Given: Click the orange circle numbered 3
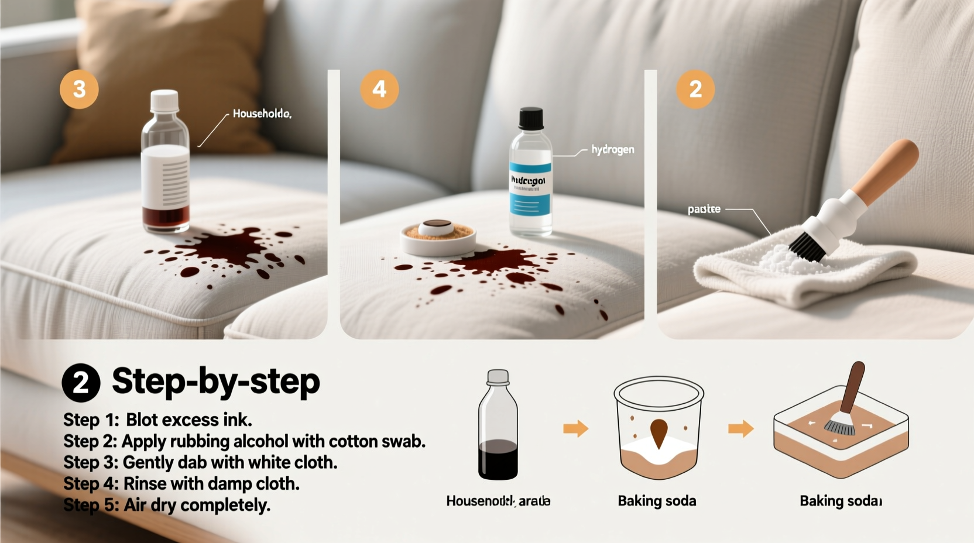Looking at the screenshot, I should point(79,90).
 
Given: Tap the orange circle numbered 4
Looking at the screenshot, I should point(379,90).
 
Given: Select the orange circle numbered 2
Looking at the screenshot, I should point(695,90).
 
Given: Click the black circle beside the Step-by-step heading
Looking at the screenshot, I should point(81,383).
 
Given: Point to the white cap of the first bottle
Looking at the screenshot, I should point(164,100).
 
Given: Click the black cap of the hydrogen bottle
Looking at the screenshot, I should point(531,118).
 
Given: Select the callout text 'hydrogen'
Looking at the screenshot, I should point(612,150).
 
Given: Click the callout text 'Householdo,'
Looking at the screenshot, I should point(262,114).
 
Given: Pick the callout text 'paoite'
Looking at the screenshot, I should point(704,209).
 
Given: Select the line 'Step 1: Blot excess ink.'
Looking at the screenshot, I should point(157,420).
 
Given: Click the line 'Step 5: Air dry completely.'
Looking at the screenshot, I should point(167,505).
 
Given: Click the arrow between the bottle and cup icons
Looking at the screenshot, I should point(575,429).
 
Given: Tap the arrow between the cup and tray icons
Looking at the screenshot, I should point(740,429).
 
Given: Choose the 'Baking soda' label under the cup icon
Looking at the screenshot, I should point(657,501).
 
